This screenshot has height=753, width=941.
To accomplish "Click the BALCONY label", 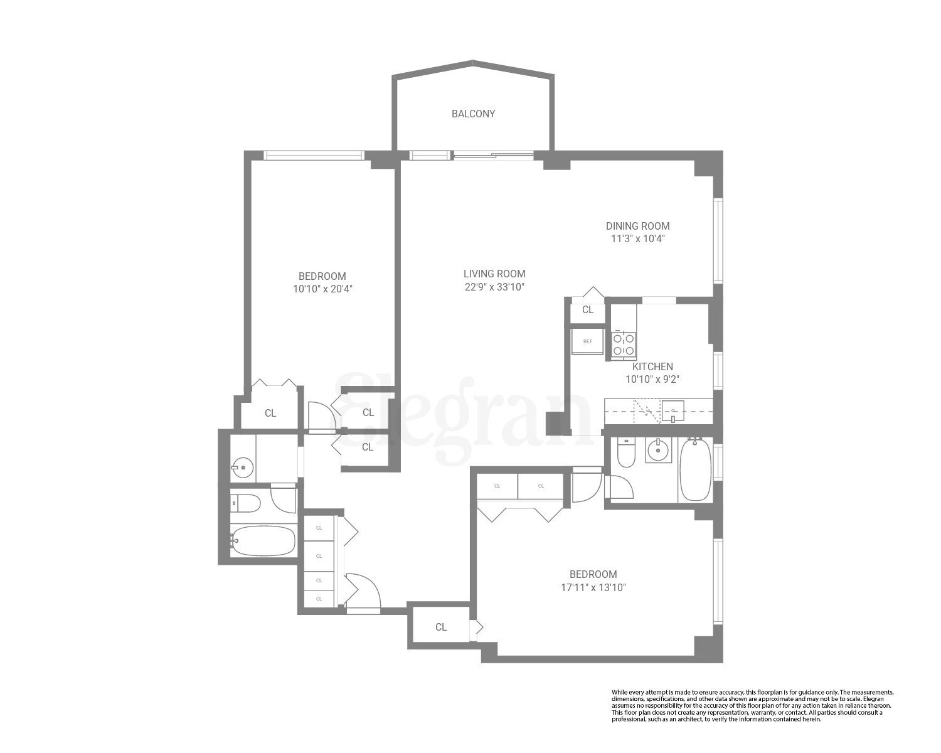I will tap(473, 114).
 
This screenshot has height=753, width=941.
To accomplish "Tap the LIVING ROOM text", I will tap(494, 274).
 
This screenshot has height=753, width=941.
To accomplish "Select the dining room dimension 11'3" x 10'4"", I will tap(637, 239).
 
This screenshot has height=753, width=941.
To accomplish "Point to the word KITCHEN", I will tap(652, 366).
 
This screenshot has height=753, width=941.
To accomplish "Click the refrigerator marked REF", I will tap(588, 342).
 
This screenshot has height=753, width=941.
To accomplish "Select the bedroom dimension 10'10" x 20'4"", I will tap(322, 289).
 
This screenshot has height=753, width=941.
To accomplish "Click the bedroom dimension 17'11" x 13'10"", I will tap(593, 588).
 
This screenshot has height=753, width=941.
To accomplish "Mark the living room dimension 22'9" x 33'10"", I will tap(494, 287).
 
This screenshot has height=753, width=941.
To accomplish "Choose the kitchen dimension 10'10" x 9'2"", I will tap(652, 379).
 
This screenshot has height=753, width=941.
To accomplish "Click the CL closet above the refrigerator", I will tap(588, 310).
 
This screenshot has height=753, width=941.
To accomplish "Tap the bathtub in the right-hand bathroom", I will tap(695, 470).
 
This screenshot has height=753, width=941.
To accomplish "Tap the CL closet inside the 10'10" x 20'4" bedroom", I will tap(270, 413).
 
